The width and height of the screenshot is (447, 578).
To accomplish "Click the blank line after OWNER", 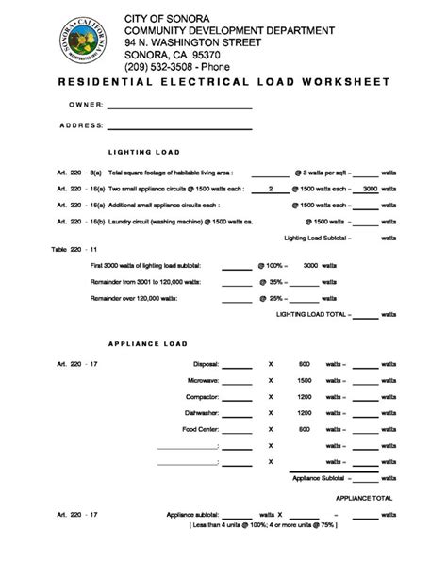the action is click(179, 107).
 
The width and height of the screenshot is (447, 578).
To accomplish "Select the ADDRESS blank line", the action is click(179, 127).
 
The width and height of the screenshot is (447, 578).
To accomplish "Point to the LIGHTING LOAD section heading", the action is click(144, 152).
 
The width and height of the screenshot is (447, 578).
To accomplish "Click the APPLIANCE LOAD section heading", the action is click(148, 343).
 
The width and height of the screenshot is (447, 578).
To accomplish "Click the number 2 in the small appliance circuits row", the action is click(271, 190).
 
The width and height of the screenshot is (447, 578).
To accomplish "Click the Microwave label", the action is click(203, 380).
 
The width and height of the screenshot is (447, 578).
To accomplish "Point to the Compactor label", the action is click(203, 397).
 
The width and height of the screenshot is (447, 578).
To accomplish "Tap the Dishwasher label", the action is click(202, 413).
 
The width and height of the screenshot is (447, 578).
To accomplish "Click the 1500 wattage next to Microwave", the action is click(305, 380).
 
